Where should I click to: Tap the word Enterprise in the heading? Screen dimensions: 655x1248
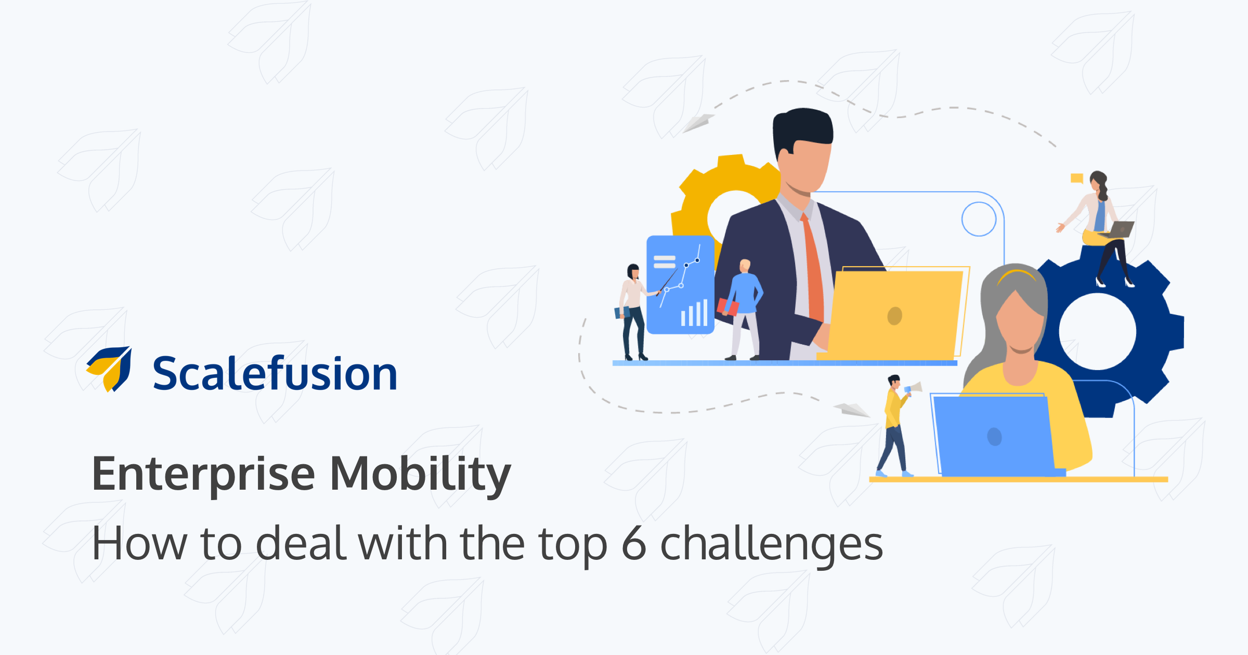(x=203, y=474)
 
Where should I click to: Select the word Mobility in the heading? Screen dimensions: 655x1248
(x=420, y=474)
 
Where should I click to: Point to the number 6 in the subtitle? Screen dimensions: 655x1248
(x=634, y=544)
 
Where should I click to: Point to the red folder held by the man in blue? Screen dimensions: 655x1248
(x=727, y=307)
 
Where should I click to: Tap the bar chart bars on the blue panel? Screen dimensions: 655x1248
(x=694, y=313)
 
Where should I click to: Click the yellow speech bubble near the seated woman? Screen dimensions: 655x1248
(x=1076, y=178)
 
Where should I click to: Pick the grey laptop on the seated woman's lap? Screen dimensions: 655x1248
(x=1121, y=229)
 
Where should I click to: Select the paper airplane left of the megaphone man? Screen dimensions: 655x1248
(x=851, y=409)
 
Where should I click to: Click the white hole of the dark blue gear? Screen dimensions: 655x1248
(x=1097, y=332)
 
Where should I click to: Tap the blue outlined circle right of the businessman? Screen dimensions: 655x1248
(x=979, y=219)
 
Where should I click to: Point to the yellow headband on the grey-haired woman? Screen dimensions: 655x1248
(x=1017, y=274)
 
